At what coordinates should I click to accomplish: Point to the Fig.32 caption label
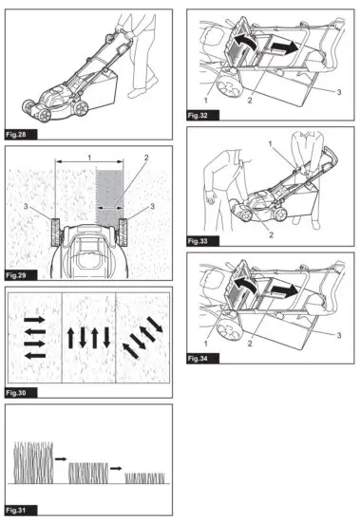pos(198,114)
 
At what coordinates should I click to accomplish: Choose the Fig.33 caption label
pos(198,241)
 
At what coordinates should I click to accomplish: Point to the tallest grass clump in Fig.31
pos(32,463)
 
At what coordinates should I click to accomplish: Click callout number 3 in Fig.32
pos(337,92)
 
